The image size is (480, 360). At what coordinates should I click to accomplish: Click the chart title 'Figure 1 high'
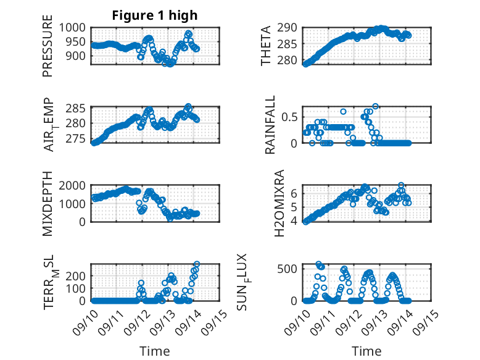155,15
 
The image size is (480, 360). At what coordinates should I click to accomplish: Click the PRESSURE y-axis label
48,50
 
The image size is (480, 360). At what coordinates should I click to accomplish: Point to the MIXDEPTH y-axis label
48,205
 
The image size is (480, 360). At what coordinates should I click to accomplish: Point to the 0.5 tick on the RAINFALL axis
291,117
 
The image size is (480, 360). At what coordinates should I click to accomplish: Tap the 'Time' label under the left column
155,351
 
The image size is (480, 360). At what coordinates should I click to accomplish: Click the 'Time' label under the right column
366,351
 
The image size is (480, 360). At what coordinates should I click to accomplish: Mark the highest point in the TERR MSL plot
197,264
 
